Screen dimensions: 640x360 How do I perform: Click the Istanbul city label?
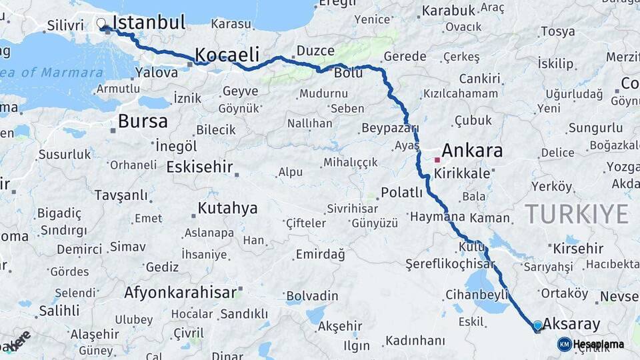click(x=148, y=23)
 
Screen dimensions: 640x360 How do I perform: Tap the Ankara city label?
click(x=471, y=151)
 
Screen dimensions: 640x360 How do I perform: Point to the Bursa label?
click(x=143, y=121)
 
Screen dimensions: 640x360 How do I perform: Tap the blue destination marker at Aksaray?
click(x=537, y=325)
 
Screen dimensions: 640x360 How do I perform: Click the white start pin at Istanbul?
click(x=101, y=24)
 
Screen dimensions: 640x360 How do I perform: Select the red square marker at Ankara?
click(x=437, y=160)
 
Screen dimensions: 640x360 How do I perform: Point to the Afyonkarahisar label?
click(x=180, y=293)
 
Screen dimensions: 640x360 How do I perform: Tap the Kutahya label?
click(x=227, y=209)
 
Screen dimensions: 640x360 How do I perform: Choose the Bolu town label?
click(x=348, y=73)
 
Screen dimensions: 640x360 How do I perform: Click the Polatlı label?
click(x=401, y=193)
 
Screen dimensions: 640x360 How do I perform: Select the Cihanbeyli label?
click(x=476, y=294)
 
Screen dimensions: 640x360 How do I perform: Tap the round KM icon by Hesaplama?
click(x=564, y=344)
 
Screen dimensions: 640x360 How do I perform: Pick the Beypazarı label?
click(x=390, y=129)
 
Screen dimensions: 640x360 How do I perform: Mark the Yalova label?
click(x=156, y=72)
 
